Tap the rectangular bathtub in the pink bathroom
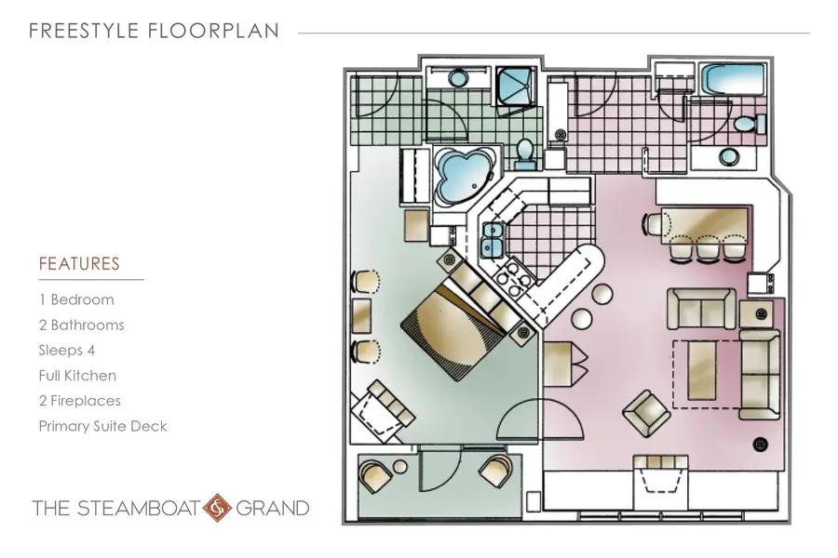pos(732,79)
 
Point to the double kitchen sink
pos(493,239)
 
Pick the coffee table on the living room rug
pos(702,370)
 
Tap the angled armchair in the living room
pos(647,412)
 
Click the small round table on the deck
pos(400,467)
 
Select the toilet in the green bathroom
pos(525,153)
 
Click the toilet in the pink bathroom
pos(750,125)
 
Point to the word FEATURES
pos(79,264)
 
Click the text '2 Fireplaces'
pos(80,401)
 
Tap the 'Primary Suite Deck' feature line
pos(102,426)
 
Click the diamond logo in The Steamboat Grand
pos(218,508)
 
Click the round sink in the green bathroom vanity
pos(458,78)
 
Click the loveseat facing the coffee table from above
pos(701,308)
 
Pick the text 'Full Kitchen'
pos(77,376)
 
